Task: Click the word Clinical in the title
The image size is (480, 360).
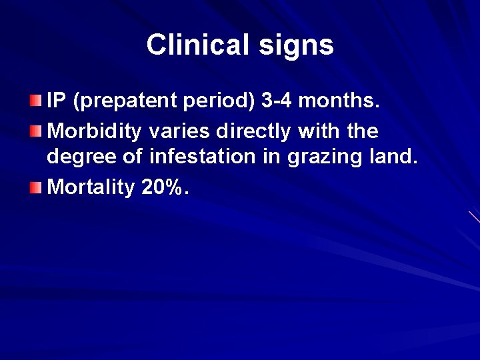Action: pos(195,45)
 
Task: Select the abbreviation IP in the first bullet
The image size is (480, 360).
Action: pos(57,102)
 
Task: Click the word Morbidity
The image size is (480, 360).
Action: pos(94,131)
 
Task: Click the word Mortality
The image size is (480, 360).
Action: pos(91,187)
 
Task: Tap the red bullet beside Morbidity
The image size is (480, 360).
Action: pos(35,131)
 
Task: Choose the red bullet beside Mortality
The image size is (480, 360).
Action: pos(35,187)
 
